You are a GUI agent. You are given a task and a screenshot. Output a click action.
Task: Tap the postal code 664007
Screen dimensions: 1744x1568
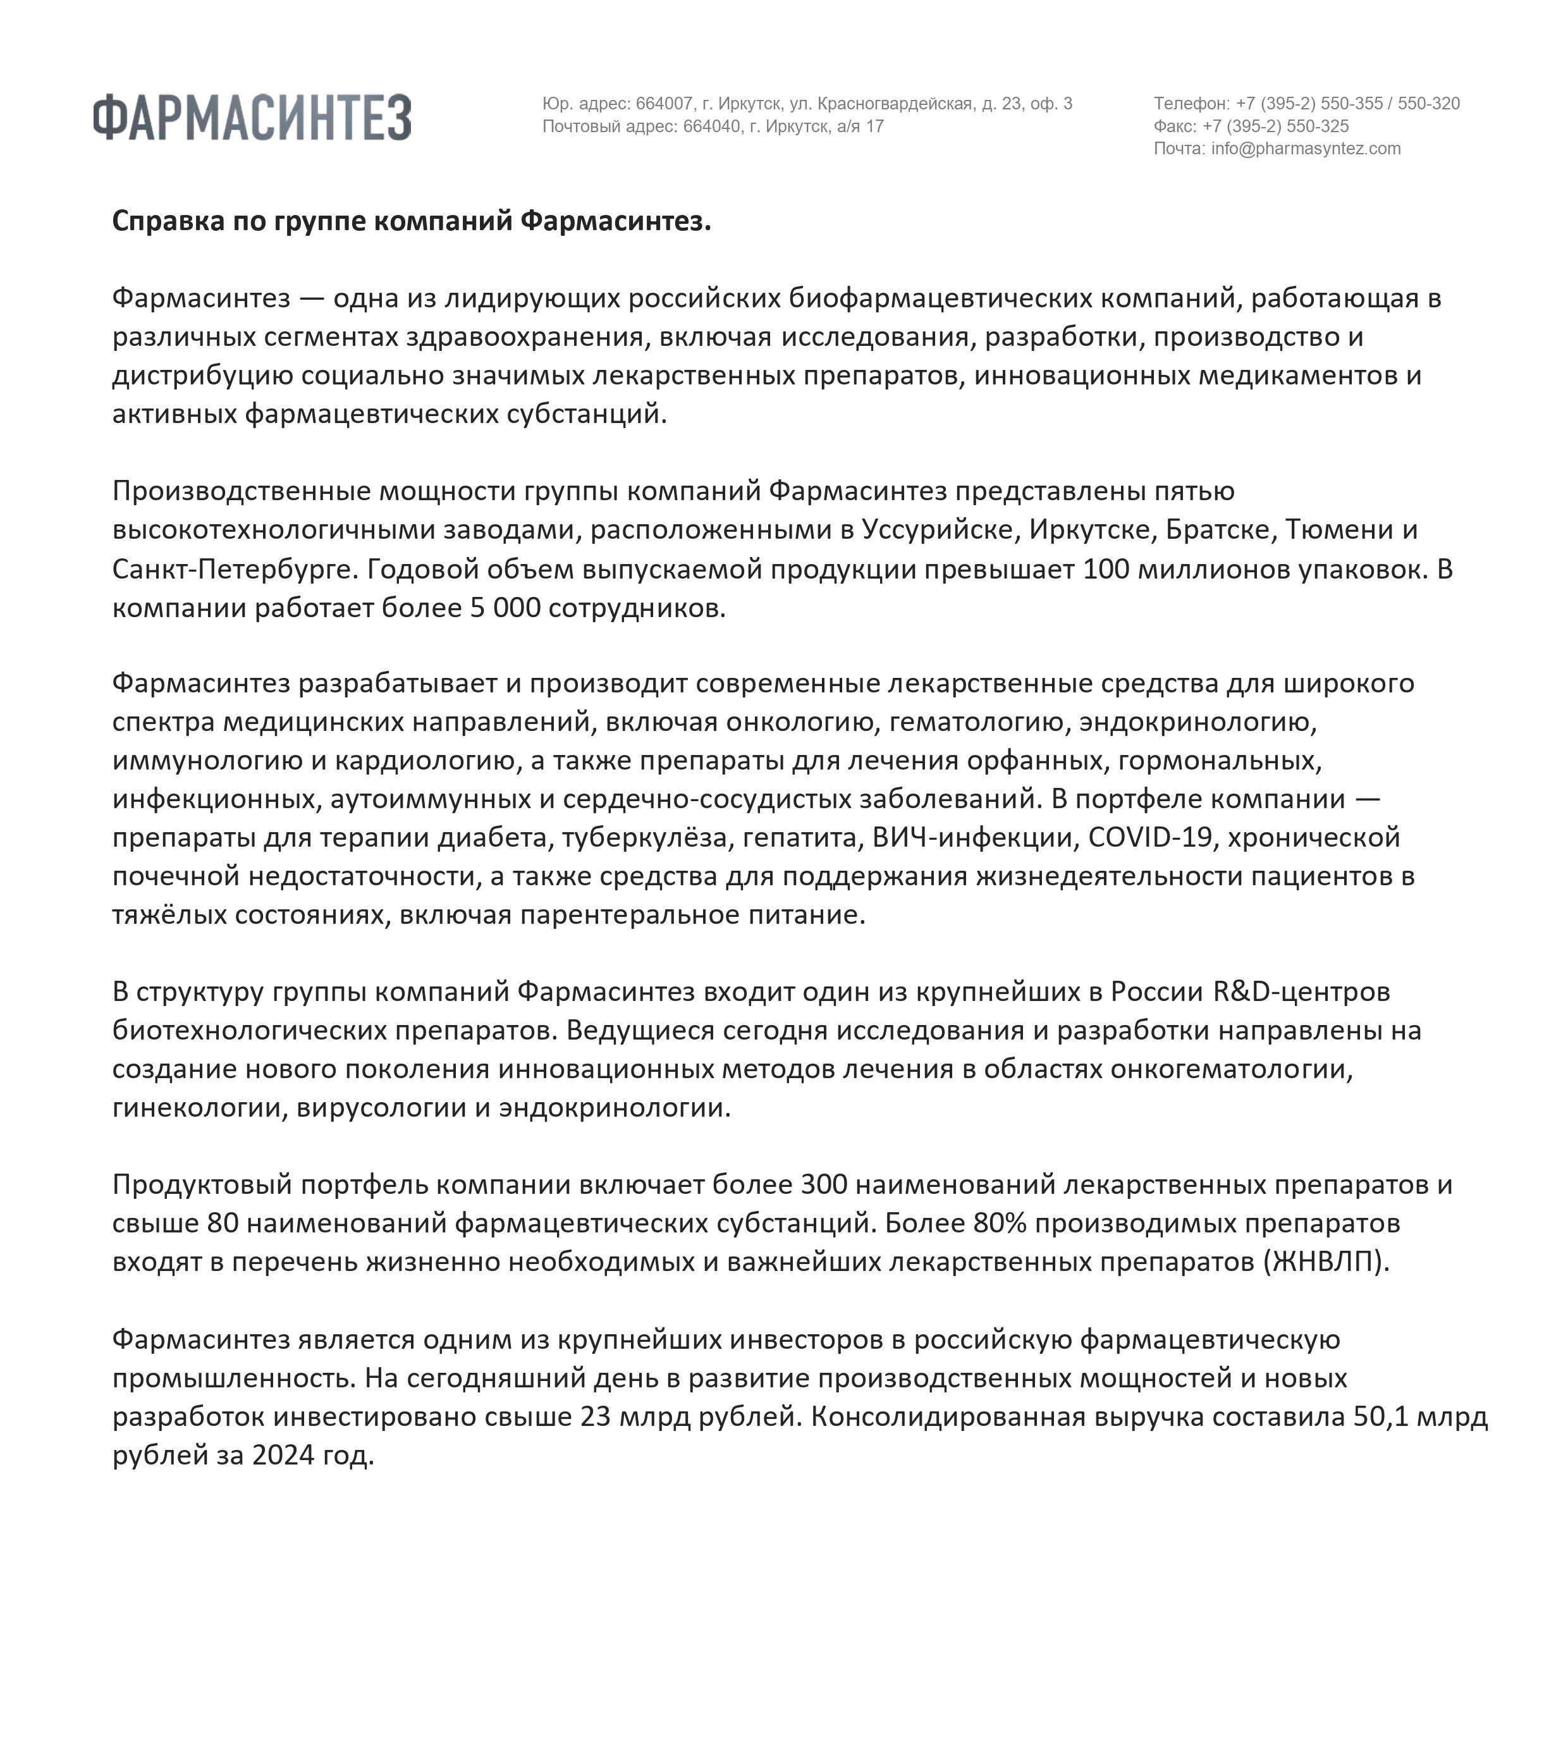point(665,104)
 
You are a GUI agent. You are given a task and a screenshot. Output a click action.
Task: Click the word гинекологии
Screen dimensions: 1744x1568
point(199,1107)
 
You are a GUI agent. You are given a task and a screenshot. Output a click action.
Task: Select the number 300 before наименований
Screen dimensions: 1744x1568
point(824,1185)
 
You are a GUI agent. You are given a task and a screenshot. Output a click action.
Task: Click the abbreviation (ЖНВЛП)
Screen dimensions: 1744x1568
point(1326,1262)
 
